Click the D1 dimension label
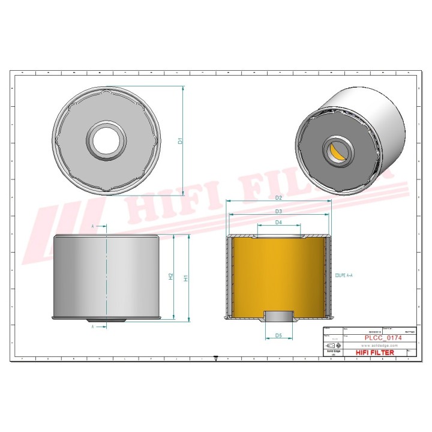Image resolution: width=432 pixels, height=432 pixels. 180,142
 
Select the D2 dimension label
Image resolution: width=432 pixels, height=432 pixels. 278,197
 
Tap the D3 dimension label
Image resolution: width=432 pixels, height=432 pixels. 278,211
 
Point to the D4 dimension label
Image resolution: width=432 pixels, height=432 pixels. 278,223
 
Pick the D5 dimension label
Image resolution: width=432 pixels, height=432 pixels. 278,335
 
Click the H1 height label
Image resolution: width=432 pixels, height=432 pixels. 186,278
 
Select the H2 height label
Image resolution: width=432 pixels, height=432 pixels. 171,277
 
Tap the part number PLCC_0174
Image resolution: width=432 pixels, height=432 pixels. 383,338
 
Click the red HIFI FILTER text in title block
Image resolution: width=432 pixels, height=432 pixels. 375,353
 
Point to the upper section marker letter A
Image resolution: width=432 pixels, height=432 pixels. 92,226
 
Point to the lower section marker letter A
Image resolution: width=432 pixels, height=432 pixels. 92,327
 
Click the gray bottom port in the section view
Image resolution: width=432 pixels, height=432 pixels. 278,316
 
